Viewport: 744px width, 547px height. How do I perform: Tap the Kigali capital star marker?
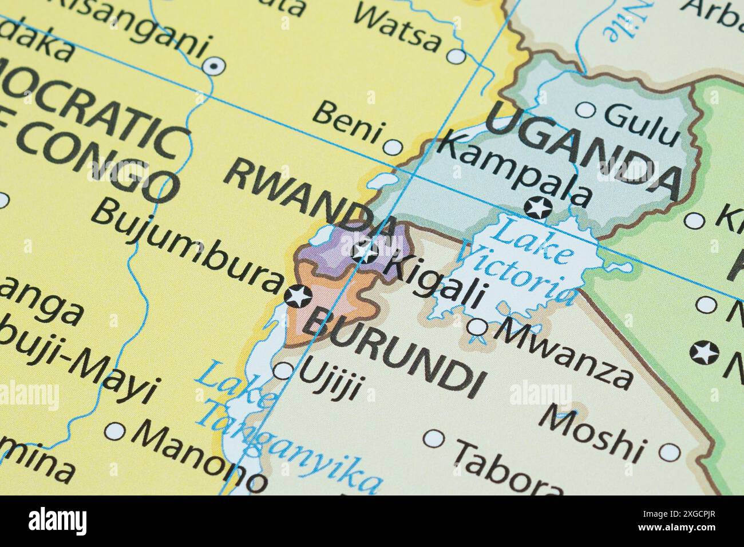coord(365,252)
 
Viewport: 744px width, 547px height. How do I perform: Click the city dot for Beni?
coord(393,147)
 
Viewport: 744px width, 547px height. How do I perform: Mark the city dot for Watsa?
coord(457,56)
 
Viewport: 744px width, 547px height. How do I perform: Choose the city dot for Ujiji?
coord(283,371)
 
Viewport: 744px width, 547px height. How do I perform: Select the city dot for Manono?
coord(116,431)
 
